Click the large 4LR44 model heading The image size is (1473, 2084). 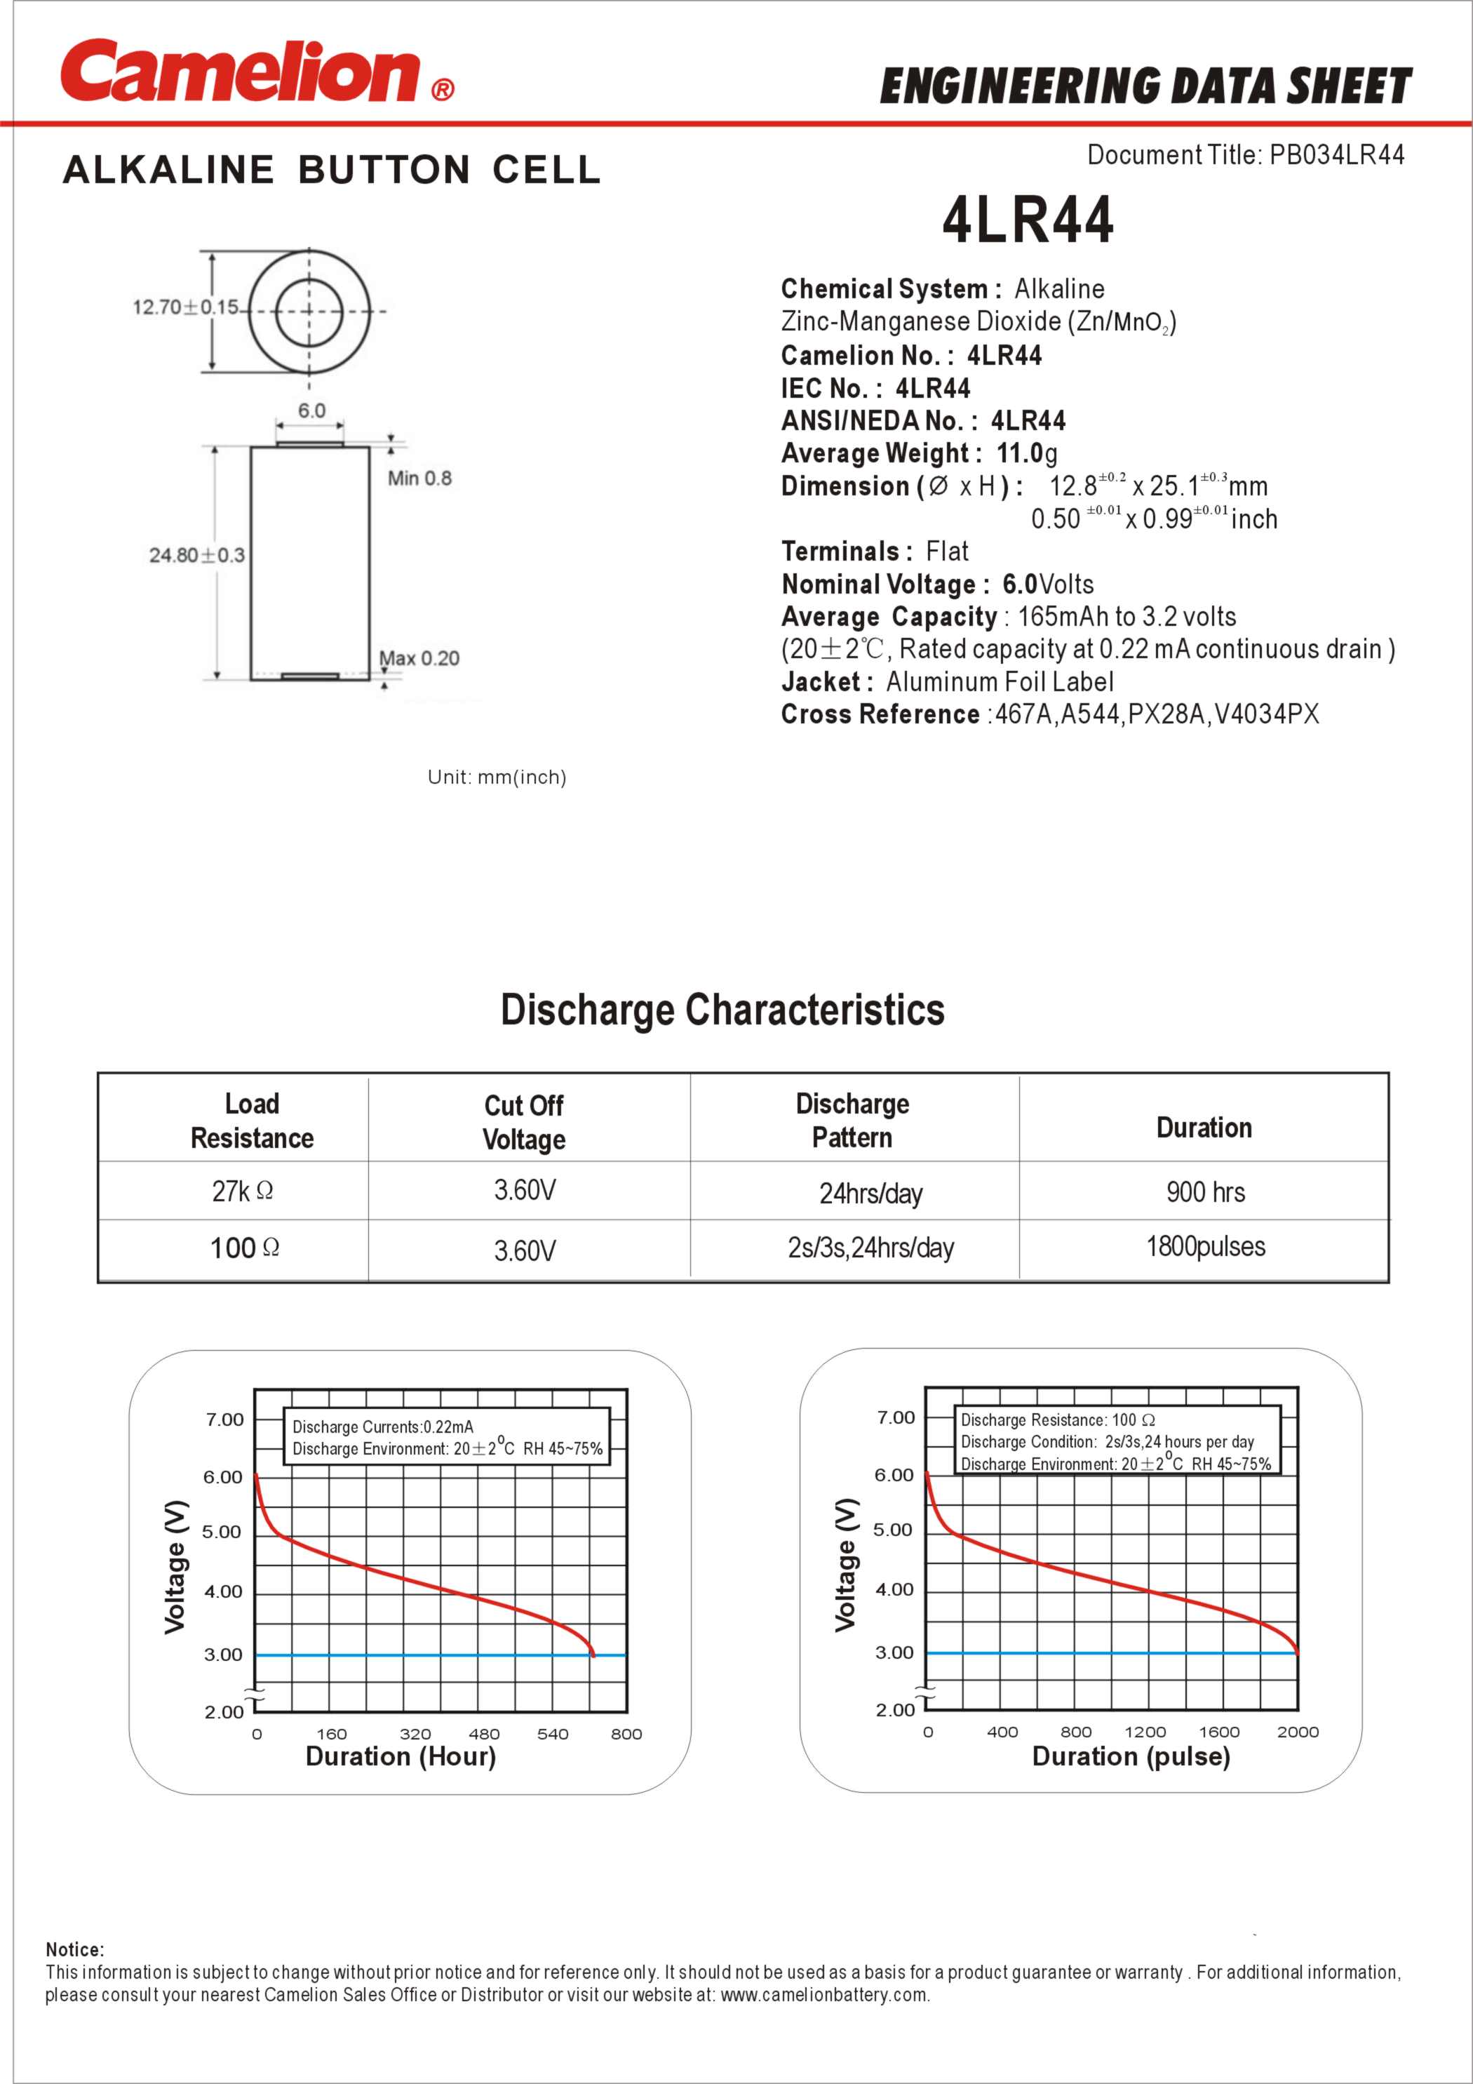1028,220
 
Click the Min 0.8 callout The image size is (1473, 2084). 419,479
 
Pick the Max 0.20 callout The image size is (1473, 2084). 419,658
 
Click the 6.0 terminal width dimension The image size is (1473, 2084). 311,410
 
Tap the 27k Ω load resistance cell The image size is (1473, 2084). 242,1191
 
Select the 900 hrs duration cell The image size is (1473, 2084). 1205,1191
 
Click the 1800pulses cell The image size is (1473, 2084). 1205,1246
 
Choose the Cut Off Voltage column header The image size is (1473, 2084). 524,1122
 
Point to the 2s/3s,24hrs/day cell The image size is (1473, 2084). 870,1248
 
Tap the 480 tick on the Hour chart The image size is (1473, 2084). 484,1734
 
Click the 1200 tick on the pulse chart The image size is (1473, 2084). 1145,1732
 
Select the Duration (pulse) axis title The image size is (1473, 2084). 1131,1756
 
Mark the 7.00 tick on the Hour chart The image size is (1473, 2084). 224,1420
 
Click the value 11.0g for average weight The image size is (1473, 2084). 1026,452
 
